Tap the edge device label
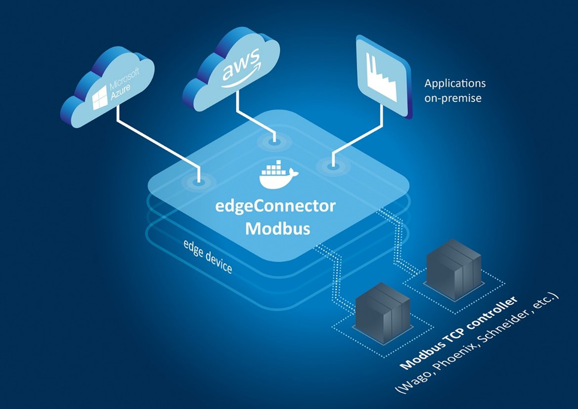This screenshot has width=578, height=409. tap(208, 257)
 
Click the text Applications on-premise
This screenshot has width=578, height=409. tap(454, 91)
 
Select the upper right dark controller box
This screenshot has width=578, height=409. tap(453, 267)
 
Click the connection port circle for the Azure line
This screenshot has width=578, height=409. tap(199, 182)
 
